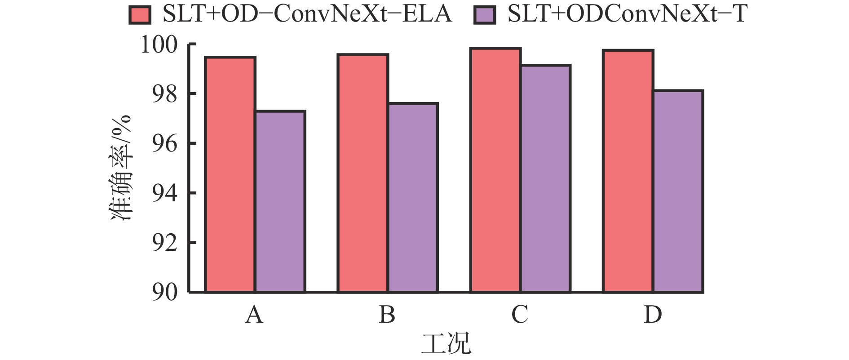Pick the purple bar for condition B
click(412, 198)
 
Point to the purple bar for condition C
click(545, 178)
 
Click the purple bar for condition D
click(677, 191)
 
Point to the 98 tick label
click(165, 94)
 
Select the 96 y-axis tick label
click(165, 144)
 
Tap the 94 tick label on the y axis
click(165, 193)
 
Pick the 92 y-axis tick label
click(165, 243)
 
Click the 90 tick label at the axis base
click(165, 293)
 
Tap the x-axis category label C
click(520, 315)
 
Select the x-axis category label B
click(387, 315)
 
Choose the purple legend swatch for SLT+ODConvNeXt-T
click(485, 15)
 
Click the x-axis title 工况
click(446, 344)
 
